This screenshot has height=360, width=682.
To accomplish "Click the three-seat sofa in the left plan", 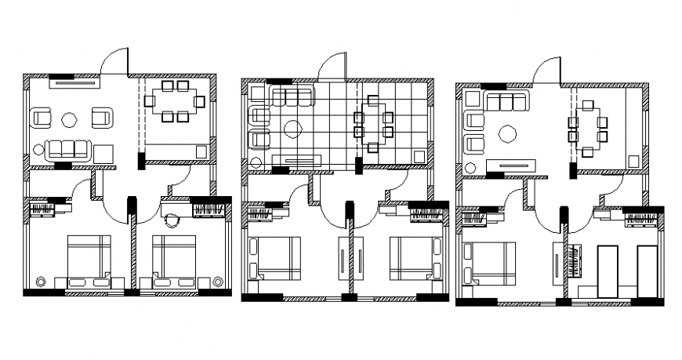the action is pyautogui.click(x=67, y=148).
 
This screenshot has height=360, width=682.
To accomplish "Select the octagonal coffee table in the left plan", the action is pyautogui.click(x=69, y=120).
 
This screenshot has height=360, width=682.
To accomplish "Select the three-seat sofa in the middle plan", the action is pyautogui.click(x=292, y=96).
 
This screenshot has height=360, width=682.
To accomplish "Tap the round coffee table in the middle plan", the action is pyautogui.click(x=293, y=129).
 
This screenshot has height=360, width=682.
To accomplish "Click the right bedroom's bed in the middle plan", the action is pyautogui.click(x=411, y=257).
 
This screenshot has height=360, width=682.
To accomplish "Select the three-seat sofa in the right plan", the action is pyautogui.click(x=505, y=102).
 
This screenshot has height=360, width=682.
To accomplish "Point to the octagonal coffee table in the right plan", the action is pyautogui.click(x=507, y=134).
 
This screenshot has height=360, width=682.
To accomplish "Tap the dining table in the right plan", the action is pyautogui.click(x=589, y=122).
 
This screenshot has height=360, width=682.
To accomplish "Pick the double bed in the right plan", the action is pyautogui.click(x=489, y=264).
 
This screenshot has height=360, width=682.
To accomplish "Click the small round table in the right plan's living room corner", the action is pyautogui.click(x=471, y=168).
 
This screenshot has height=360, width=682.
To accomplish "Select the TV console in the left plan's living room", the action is pyautogui.click(x=75, y=82).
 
